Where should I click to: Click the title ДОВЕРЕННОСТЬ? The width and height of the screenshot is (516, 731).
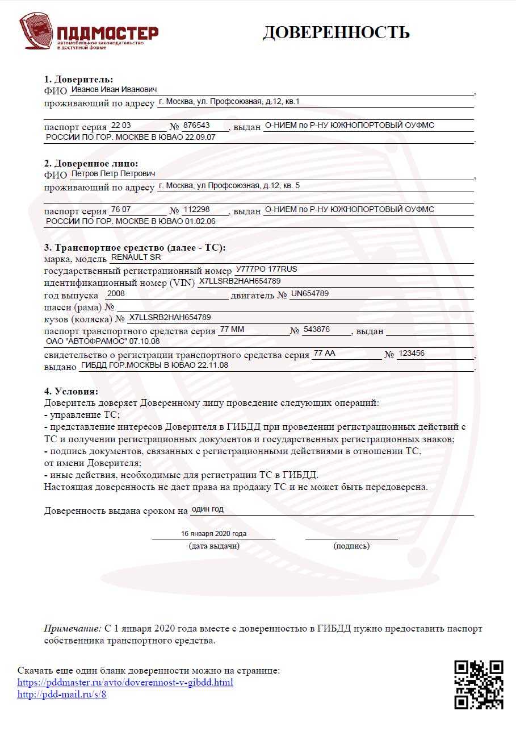[x=335, y=32]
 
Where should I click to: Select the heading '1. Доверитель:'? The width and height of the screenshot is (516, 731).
[x=78, y=79]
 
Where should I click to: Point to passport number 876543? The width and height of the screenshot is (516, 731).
[x=196, y=125]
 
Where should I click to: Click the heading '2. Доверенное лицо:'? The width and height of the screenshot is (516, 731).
[x=91, y=163]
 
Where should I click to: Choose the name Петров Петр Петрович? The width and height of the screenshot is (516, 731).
[x=112, y=174]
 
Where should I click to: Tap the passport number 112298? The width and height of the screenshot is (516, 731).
[x=196, y=209]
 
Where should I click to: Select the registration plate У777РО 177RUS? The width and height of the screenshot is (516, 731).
[x=266, y=269]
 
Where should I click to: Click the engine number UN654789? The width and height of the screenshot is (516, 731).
[x=309, y=294]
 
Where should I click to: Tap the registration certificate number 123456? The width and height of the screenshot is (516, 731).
[x=412, y=354]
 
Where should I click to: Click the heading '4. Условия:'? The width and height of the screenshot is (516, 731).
[x=71, y=391]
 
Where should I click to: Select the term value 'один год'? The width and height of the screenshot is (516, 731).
[x=208, y=509]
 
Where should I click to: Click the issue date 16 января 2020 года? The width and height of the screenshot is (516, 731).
[x=213, y=534]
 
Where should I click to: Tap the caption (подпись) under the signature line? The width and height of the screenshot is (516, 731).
[x=351, y=546]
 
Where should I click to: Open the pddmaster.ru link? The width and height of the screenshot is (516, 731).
[x=125, y=682]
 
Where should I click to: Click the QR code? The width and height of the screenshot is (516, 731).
[x=479, y=684]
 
